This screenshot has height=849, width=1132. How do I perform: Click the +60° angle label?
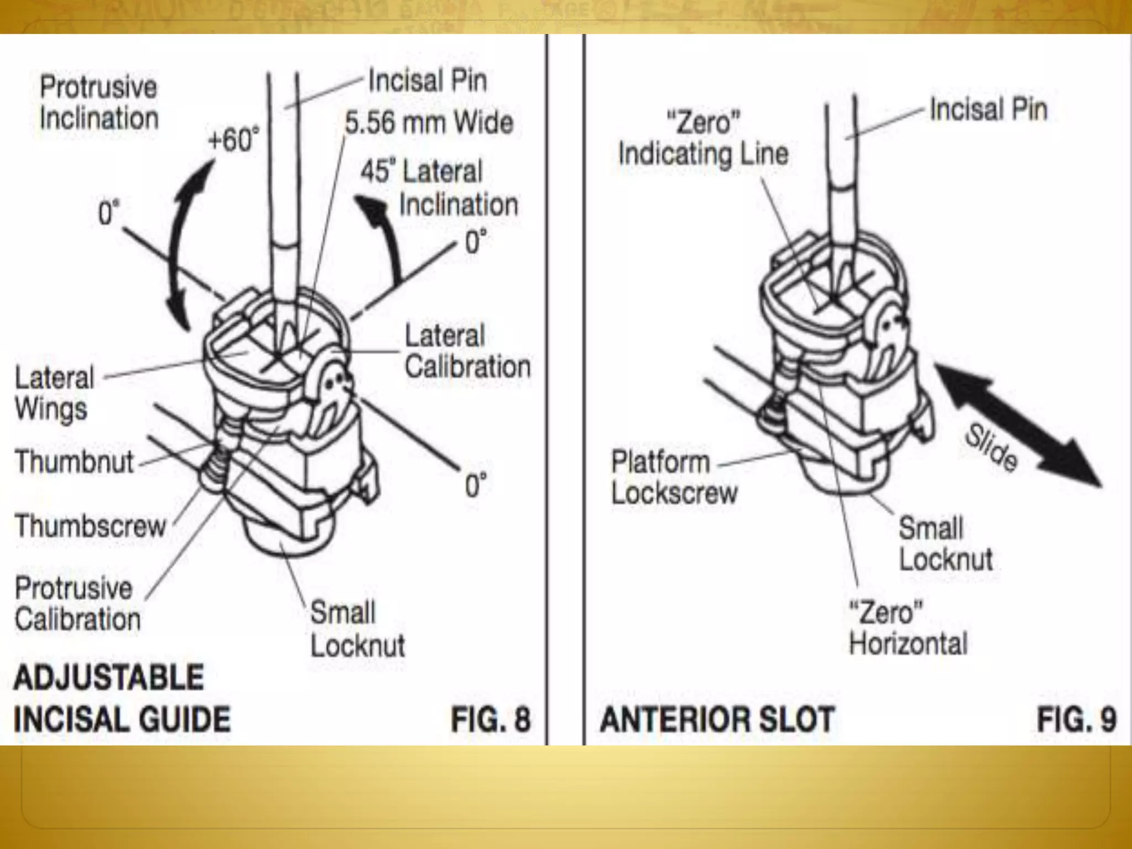(233, 139)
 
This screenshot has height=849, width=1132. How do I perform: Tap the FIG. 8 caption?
(491, 719)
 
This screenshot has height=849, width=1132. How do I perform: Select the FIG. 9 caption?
(1076, 719)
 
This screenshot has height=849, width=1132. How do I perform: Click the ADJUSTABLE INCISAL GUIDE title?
(122, 698)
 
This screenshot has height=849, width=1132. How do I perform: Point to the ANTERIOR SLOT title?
(717, 719)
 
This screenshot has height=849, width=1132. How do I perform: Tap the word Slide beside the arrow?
(991, 448)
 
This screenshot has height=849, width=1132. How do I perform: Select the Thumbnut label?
(75, 462)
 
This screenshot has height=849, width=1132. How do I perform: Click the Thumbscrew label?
(91, 526)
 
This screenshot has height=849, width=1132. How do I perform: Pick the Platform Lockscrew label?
(674, 477)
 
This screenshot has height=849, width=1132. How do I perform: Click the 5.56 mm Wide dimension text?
(429, 123)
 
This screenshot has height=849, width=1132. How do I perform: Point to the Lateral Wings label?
(54, 393)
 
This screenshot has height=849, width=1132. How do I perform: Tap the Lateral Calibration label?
(467, 352)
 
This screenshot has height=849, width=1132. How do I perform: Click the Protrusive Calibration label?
(77, 603)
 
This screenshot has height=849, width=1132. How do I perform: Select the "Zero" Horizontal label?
(908, 628)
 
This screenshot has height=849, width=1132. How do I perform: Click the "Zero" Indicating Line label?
(703, 138)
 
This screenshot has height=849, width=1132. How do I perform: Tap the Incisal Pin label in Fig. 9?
(988, 109)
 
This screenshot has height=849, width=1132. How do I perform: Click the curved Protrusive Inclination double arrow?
(185, 243)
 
